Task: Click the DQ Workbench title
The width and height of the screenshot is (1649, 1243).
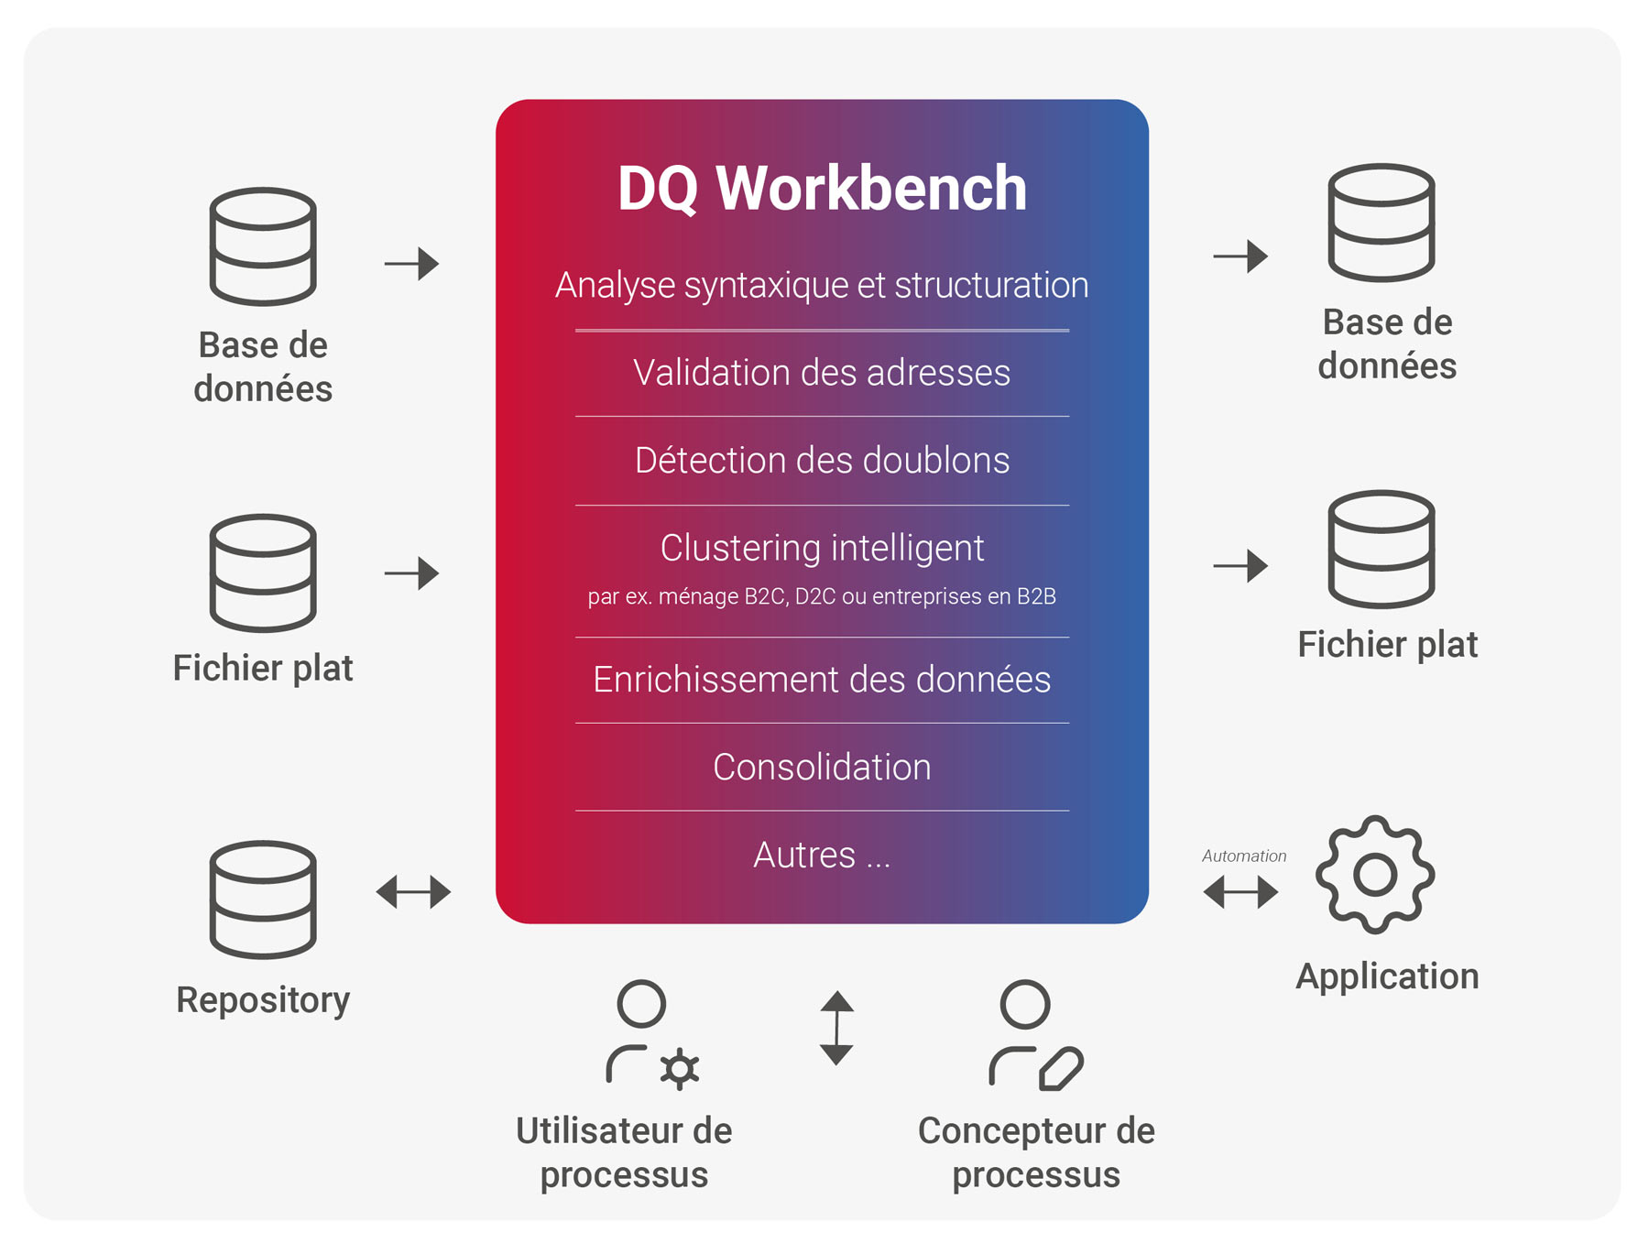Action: point(822,189)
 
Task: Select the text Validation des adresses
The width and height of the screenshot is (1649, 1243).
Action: point(822,373)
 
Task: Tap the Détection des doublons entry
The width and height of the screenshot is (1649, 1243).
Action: point(822,460)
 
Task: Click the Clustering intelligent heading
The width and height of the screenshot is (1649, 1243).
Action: point(822,548)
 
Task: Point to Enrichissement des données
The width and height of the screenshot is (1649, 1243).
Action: point(822,680)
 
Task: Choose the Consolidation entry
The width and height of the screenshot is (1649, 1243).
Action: point(822,767)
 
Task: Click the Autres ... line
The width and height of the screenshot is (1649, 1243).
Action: point(822,855)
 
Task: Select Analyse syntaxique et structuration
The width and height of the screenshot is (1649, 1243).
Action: point(822,285)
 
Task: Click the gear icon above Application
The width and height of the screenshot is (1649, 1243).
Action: point(1375,875)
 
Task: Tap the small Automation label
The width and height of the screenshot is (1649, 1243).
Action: point(1244,856)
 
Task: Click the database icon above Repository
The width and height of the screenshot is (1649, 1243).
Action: point(263,900)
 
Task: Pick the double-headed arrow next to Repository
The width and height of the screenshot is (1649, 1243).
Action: point(413,891)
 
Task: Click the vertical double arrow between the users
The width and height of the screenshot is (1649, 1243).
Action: point(836,1028)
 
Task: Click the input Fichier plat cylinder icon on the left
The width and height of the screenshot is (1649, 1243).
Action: point(263,572)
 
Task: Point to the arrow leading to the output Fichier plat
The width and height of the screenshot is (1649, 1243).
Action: point(1240,566)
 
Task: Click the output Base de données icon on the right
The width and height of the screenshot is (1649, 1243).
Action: point(1381,223)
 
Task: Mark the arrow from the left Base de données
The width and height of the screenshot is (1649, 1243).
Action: point(411,264)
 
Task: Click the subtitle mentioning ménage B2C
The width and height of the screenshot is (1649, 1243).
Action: point(822,596)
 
